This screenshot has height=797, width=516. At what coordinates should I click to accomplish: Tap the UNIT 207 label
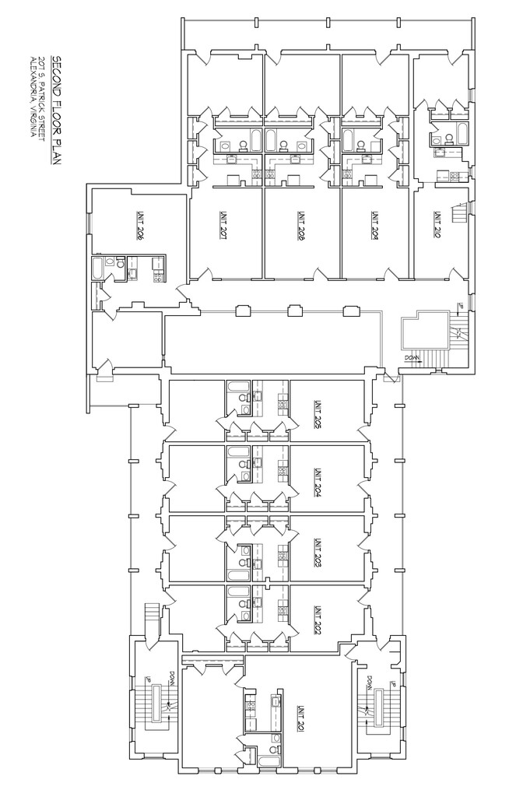[222, 229]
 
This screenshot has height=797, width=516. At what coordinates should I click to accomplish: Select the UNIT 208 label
[300, 229]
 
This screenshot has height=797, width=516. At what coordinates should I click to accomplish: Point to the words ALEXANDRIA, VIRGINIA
[33, 96]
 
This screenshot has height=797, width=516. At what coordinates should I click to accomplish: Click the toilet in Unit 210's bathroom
[437, 139]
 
